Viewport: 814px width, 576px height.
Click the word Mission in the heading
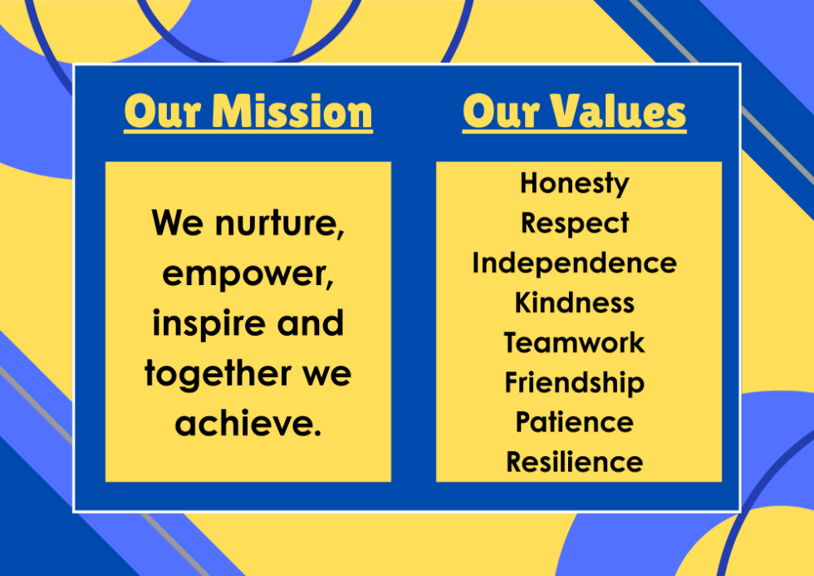[292, 111]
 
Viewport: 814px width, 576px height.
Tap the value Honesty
[575, 185]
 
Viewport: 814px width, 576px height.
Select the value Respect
[575, 224]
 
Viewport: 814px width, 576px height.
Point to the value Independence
[574, 263]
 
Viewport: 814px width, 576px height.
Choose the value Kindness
[574, 303]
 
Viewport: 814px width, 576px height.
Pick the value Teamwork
[574, 342]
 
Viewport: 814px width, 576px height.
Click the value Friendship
[574, 383]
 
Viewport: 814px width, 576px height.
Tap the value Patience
[574, 421]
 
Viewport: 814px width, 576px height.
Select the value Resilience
[574, 462]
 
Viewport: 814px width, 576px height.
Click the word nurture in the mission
[280, 224]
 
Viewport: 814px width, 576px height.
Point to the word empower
[248, 275]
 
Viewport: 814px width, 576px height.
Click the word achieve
[248, 423]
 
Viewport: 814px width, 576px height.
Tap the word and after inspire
[311, 323]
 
